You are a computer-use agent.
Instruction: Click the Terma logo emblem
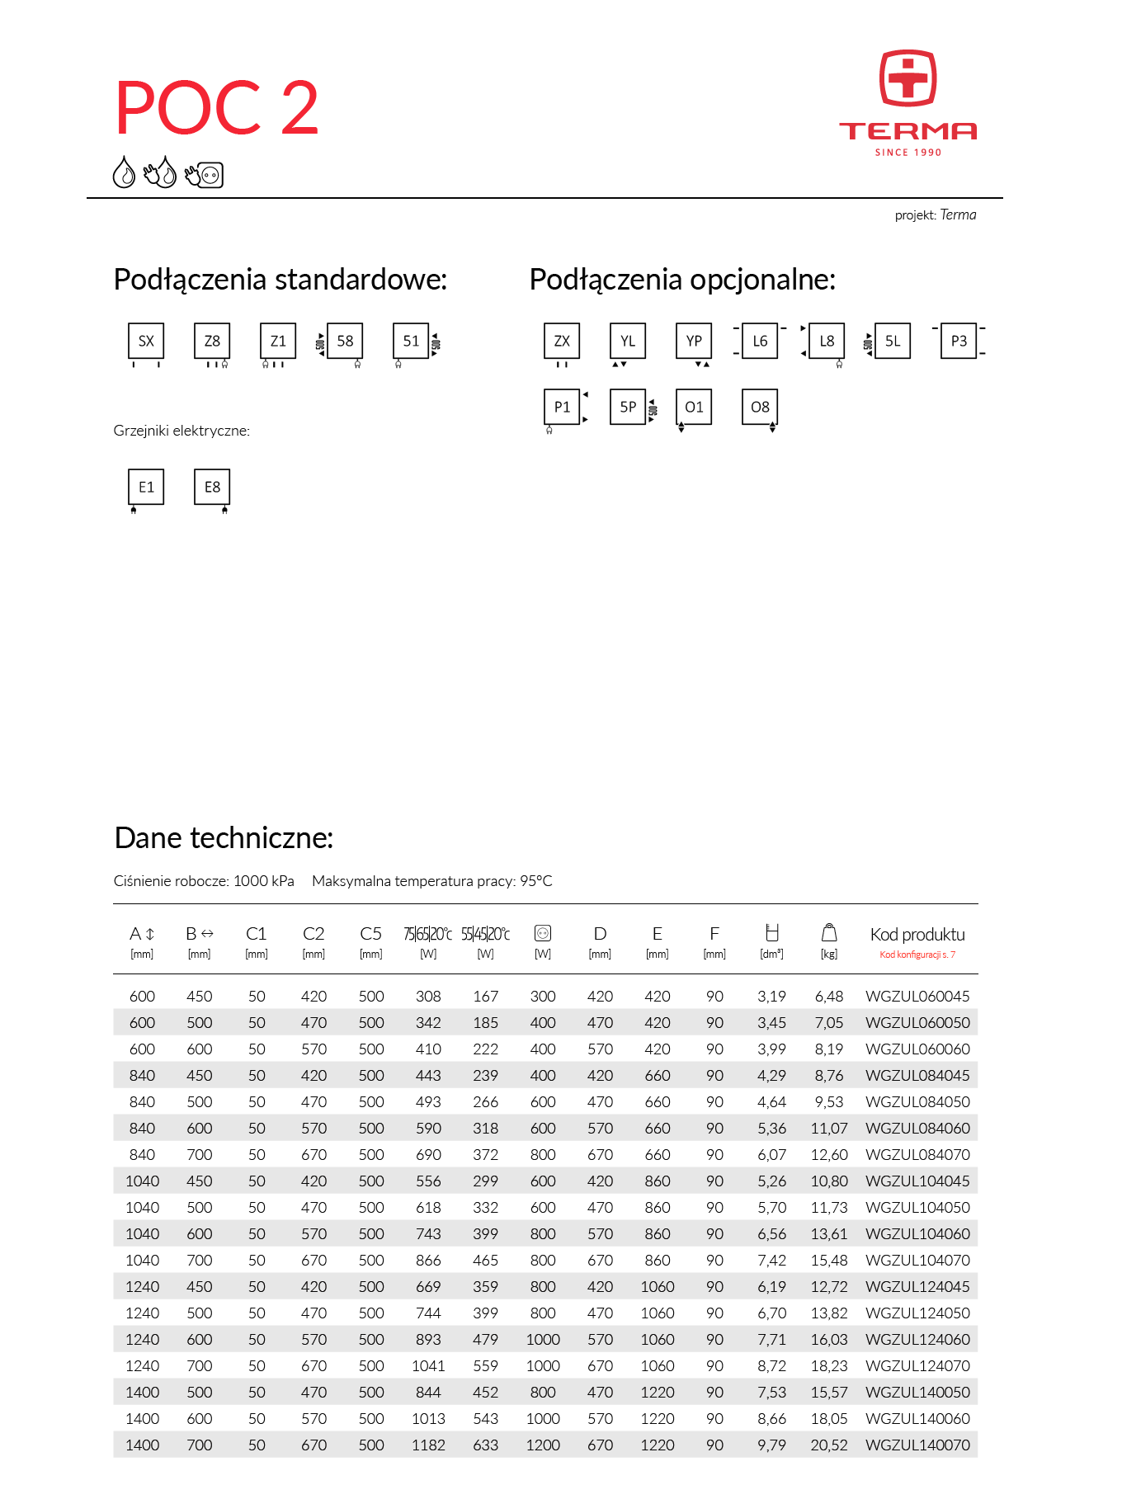[x=907, y=78]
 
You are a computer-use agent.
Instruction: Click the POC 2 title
[x=216, y=108]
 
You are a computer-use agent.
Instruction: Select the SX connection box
[x=146, y=341]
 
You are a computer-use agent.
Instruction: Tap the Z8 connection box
[x=212, y=341]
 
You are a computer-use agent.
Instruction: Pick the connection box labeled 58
[x=345, y=341]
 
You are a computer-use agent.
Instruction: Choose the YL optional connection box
[x=628, y=341]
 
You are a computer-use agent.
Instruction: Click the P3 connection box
[x=959, y=341]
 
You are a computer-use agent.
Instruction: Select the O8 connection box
[x=760, y=407]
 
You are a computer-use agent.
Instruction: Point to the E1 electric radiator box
[x=146, y=487]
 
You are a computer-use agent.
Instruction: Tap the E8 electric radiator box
[x=212, y=487]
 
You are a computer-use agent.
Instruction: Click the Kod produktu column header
[x=917, y=935]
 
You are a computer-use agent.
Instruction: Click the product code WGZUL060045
[x=917, y=997]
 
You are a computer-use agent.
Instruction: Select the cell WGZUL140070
[x=917, y=1445]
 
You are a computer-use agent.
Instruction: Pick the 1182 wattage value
[x=428, y=1445]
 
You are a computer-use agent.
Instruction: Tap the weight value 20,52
[x=829, y=1445]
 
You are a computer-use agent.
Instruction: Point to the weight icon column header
[x=829, y=933]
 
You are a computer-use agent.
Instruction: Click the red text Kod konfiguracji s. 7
[x=917, y=955]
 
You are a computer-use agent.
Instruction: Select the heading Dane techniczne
[x=224, y=838]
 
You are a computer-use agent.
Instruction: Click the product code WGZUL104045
[x=917, y=1181]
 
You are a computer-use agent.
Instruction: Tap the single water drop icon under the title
[x=124, y=172]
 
